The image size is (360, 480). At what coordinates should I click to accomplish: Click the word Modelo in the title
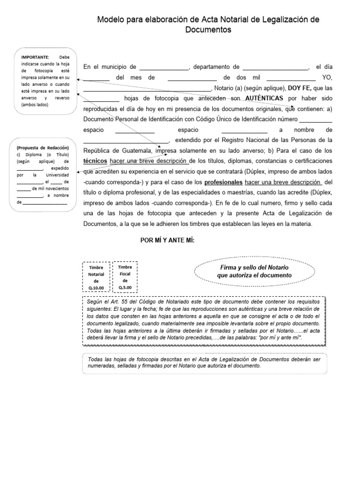click(110, 20)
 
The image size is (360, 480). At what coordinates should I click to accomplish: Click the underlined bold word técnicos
click(95, 161)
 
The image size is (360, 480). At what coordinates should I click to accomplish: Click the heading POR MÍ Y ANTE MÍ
click(167, 240)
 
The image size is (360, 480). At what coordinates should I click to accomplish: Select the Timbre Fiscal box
click(125, 277)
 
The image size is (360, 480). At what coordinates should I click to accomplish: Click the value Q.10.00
click(96, 287)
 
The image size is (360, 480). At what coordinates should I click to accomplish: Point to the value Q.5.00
click(125, 287)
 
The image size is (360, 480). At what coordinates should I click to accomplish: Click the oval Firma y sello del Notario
click(255, 271)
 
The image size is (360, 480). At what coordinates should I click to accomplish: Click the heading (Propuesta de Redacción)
click(43, 148)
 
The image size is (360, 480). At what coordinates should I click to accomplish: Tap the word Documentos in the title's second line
click(208, 30)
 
